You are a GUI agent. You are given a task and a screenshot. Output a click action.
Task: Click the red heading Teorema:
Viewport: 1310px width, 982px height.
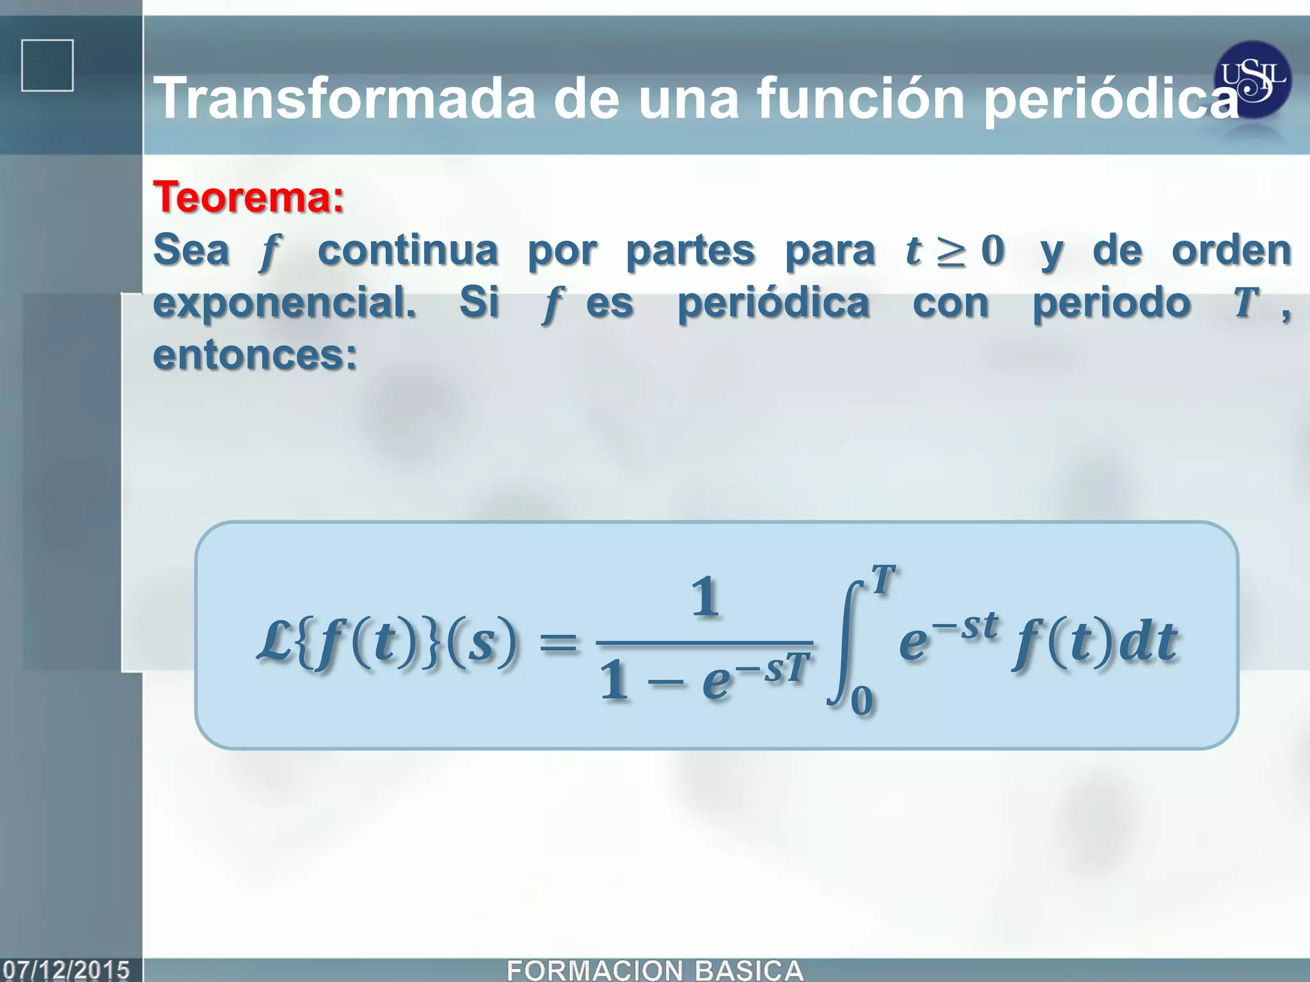click(249, 197)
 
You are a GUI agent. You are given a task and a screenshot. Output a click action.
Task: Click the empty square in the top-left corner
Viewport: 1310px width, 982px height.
click(47, 66)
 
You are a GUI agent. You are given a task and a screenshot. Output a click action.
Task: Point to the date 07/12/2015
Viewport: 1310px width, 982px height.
click(67, 970)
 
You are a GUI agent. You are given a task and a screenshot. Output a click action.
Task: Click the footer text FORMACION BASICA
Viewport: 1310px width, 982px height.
click(655, 970)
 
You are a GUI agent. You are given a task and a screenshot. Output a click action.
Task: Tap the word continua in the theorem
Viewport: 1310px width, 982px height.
click(408, 250)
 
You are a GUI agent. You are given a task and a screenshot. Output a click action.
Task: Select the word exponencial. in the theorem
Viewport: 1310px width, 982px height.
click(285, 302)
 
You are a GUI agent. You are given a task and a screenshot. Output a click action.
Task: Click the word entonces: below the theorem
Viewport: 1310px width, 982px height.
click(255, 355)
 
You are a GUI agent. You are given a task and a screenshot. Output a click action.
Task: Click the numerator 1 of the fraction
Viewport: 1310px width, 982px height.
click(706, 596)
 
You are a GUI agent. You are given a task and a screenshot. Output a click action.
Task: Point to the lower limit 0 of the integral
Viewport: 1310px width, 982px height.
click(862, 701)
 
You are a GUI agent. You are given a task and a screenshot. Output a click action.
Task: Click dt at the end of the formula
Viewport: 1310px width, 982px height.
click(1148, 641)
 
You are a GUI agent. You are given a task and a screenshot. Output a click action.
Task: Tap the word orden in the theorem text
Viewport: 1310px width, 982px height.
click(1231, 250)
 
